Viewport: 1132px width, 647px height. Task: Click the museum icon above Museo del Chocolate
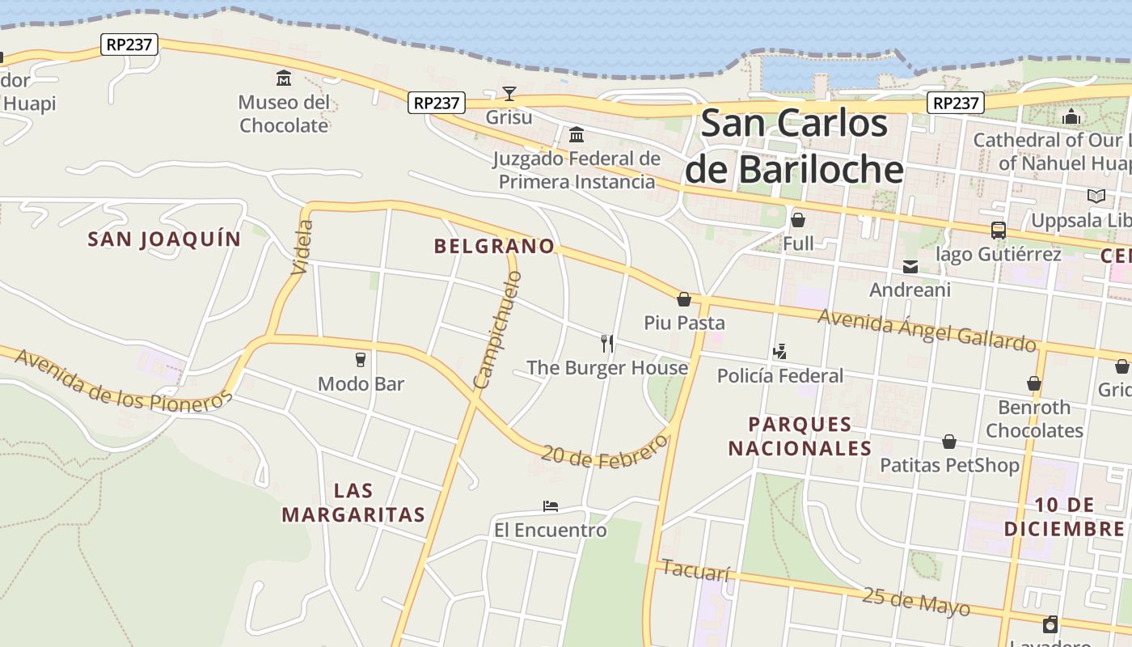[x=284, y=78]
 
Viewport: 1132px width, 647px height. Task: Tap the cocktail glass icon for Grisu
[x=509, y=94]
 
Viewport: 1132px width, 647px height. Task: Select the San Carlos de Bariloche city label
[x=794, y=146]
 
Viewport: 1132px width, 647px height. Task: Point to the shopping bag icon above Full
[x=798, y=220]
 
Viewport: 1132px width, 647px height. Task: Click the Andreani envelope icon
[x=910, y=267]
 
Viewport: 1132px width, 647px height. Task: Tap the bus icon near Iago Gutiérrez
[x=999, y=230]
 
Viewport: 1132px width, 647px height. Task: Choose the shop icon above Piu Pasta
[x=684, y=300]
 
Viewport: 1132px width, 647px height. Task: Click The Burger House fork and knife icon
[x=607, y=344]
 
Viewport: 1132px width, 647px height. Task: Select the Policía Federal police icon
[x=780, y=352]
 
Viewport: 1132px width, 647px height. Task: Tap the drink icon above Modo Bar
[x=361, y=360]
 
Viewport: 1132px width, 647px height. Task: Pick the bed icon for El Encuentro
[x=551, y=506]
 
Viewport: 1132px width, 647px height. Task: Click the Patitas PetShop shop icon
[x=949, y=442]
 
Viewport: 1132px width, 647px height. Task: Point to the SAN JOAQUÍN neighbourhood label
[x=164, y=239]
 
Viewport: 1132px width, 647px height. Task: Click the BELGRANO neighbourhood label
[x=494, y=247]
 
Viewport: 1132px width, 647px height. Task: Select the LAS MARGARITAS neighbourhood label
[x=353, y=502]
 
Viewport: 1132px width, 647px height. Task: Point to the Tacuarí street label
[x=695, y=570]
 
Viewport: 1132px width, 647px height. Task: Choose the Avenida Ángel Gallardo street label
[x=927, y=329]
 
